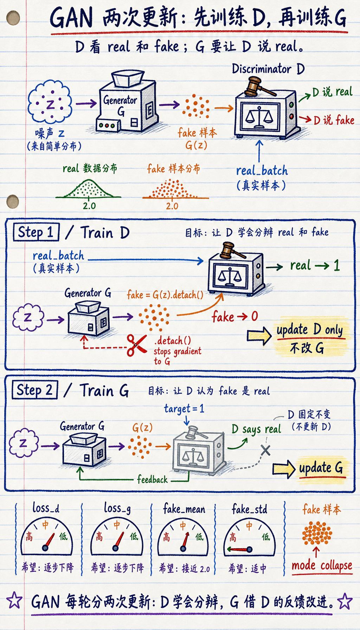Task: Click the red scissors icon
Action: pyautogui.click(x=137, y=345)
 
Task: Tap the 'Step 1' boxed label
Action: pyautogui.click(x=36, y=232)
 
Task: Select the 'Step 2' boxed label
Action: pyautogui.click(x=35, y=390)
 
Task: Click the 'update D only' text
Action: pyautogui.click(x=309, y=330)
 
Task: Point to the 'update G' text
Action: pyautogui.click(x=321, y=468)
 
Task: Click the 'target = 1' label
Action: pyautogui.click(x=184, y=409)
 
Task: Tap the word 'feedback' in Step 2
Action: pyautogui.click(x=152, y=479)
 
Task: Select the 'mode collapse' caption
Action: pyautogui.click(x=322, y=565)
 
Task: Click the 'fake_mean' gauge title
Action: pyautogui.click(x=184, y=509)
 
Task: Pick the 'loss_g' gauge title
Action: pyautogui.click(x=117, y=508)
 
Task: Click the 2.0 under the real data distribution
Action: pyautogui.click(x=89, y=206)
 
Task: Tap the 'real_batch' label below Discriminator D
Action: pyautogui.click(x=262, y=171)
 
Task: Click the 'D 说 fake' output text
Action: pyautogui.click(x=334, y=120)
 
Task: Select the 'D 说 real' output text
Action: pyautogui.click(x=332, y=92)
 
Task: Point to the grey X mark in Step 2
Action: pyautogui.click(x=265, y=450)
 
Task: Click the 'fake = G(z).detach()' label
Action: pyautogui.click(x=165, y=295)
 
